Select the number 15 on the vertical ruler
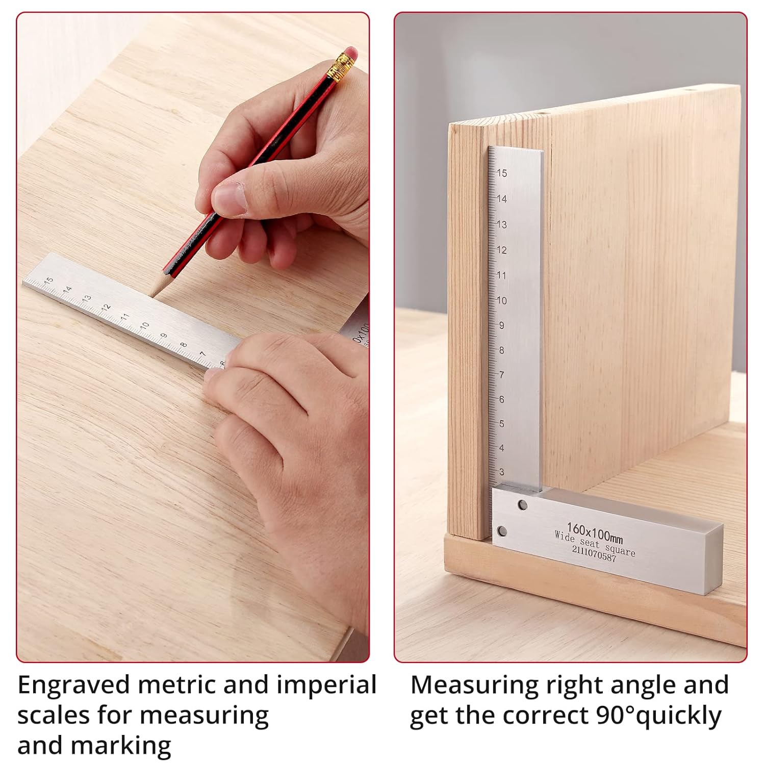click(x=502, y=173)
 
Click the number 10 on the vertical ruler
click(x=502, y=300)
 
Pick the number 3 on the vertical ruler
click(x=501, y=472)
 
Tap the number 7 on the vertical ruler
click(x=501, y=375)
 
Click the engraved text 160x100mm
click(x=595, y=532)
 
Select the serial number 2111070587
click(x=594, y=553)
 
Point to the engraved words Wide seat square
click(x=595, y=543)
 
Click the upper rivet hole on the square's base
click(x=522, y=505)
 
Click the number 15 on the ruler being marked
click(x=48, y=280)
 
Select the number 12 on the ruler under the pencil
click(x=106, y=308)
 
